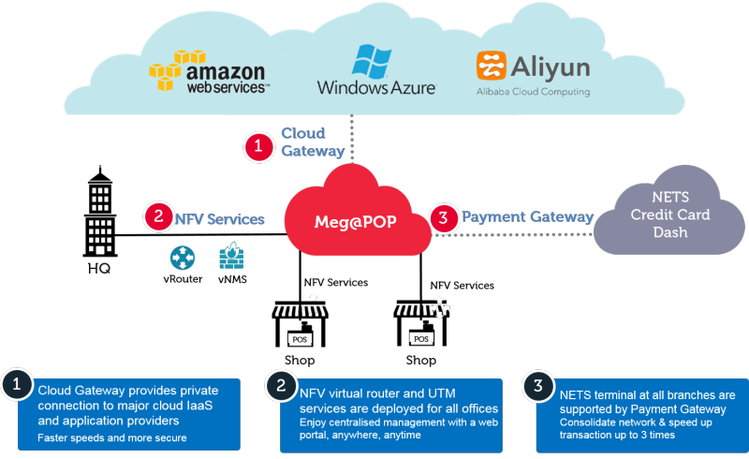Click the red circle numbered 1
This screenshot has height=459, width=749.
pos(257,147)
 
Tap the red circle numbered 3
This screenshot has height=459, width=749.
pos(444,218)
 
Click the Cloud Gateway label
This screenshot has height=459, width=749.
pos(313,141)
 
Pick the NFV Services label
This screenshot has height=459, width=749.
pos(220,218)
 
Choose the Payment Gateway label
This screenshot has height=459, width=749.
pos(528,217)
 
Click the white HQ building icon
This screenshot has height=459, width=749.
pos(99,222)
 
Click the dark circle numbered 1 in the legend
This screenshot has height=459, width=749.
pos(16,385)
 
